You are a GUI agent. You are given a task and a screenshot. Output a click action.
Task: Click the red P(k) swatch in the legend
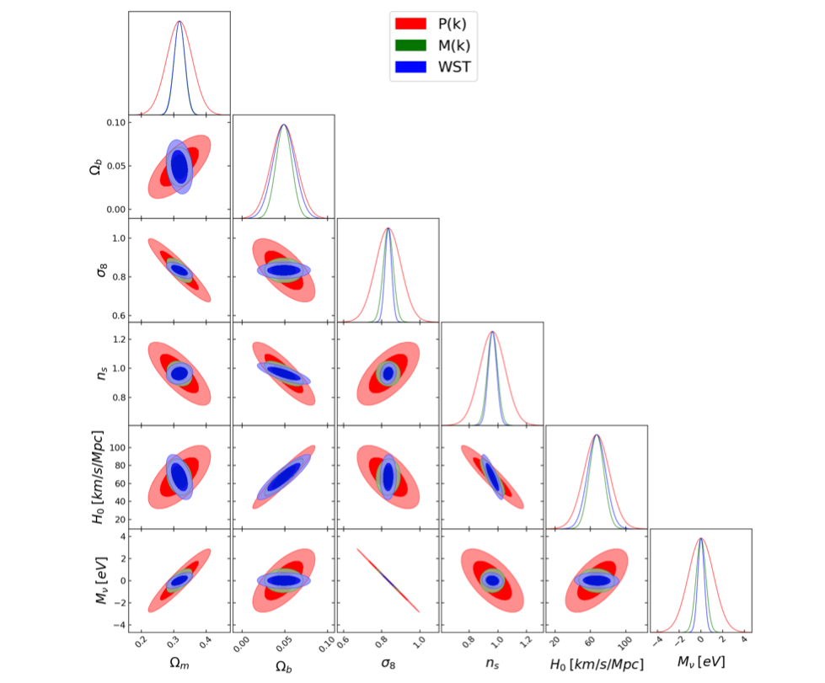click(x=410, y=23)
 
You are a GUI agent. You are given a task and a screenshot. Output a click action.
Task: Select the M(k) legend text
click(x=455, y=45)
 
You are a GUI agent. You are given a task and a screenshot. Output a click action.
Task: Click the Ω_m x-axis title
click(x=178, y=665)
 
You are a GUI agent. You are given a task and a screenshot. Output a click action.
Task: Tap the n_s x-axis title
click(x=491, y=665)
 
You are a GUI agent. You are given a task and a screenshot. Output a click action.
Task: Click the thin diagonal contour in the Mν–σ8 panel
click(x=388, y=579)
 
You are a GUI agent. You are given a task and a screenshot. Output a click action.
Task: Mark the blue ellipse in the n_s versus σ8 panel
click(x=388, y=372)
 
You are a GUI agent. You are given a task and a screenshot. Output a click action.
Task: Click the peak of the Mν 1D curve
click(x=700, y=539)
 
